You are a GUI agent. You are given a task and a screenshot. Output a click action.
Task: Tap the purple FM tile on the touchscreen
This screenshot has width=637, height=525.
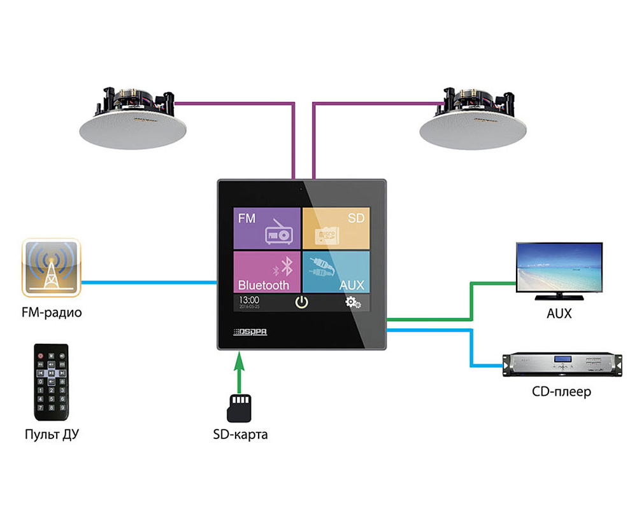[x=266, y=227]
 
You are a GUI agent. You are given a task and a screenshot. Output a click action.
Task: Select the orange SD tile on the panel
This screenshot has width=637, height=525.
[x=335, y=227]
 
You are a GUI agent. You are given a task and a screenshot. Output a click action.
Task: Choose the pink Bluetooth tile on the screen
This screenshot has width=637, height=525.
[x=266, y=271]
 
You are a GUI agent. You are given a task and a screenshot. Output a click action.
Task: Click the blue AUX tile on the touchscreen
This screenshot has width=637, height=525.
[x=335, y=271]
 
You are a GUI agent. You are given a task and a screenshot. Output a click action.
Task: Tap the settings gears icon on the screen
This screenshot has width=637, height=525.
[x=353, y=302]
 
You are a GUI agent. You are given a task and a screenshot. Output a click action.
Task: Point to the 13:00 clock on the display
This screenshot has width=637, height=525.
[x=248, y=299]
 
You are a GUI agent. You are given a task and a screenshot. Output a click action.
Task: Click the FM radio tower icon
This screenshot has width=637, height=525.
[x=51, y=267]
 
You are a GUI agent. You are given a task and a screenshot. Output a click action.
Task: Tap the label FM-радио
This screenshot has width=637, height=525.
[x=51, y=313]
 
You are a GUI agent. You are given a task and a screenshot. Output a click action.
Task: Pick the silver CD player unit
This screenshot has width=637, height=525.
[x=560, y=365]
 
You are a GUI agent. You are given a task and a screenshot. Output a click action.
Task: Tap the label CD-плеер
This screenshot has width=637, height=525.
[x=561, y=391]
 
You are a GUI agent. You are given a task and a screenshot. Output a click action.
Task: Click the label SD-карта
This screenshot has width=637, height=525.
[x=240, y=435]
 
